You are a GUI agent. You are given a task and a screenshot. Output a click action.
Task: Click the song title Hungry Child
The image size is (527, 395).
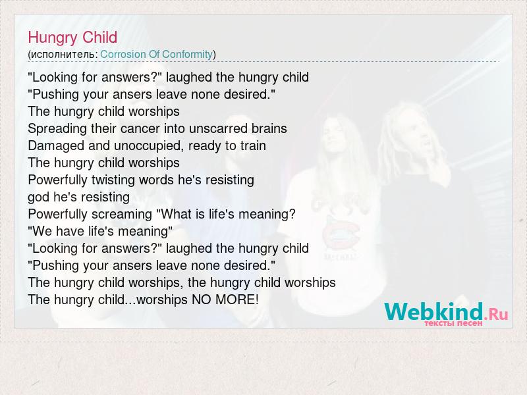click(72, 38)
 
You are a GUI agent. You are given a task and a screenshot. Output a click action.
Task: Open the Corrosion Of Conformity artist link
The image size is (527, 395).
click(157, 54)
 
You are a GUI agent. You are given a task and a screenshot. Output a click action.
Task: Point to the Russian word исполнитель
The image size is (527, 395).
click(63, 55)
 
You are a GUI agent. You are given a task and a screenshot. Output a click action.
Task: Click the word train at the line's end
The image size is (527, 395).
click(253, 145)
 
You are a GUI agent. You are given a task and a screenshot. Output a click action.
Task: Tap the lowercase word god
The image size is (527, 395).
click(39, 197)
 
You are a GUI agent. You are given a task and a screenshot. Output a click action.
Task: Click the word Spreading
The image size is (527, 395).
click(57, 129)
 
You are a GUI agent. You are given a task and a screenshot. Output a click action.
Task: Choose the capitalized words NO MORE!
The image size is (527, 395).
click(225, 300)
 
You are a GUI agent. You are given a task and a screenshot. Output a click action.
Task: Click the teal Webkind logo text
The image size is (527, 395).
click(433, 311)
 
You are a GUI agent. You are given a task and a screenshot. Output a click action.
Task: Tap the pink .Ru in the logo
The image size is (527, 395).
click(496, 315)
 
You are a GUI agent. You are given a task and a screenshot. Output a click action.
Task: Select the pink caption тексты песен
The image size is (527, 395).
click(453, 323)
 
